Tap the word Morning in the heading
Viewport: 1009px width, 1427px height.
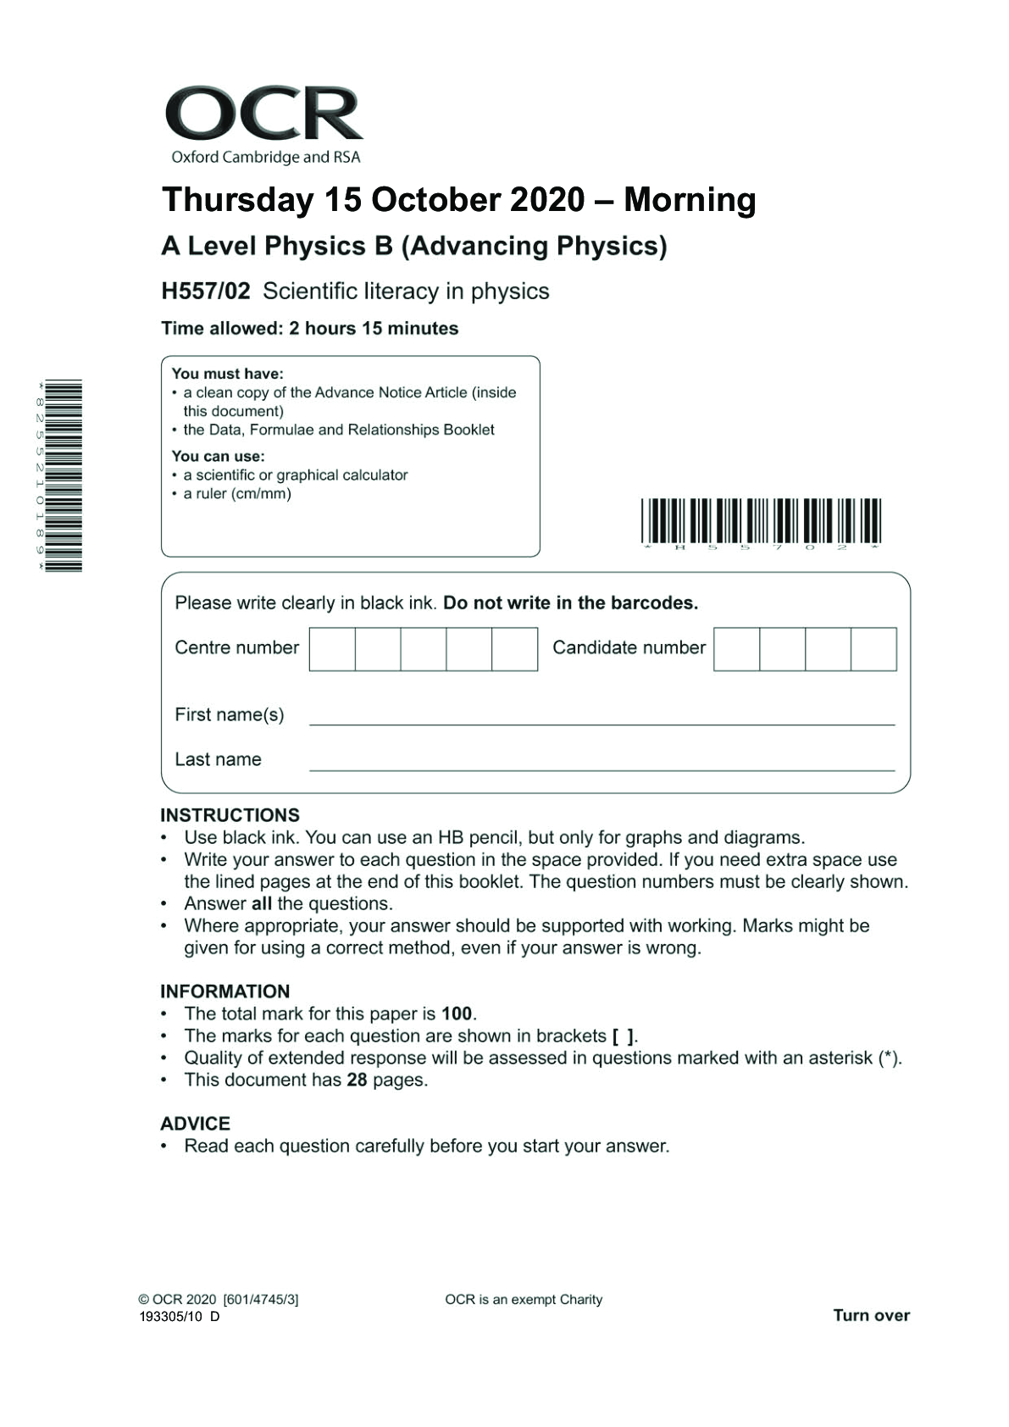(690, 200)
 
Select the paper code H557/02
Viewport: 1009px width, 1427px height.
(206, 292)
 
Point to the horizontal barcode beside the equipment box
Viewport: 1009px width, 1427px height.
(761, 521)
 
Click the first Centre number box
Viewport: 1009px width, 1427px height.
(332, 649)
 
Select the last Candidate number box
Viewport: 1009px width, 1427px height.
(873, 649)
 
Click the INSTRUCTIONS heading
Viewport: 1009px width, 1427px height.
(230, 815)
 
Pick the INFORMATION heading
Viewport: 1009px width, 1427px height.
(225, 991)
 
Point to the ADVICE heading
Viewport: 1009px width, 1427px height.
(195, 1124)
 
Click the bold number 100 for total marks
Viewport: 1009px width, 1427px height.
(457, 1013)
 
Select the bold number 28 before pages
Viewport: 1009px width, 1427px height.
(357, 1080)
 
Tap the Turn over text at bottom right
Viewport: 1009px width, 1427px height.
(871, 1315)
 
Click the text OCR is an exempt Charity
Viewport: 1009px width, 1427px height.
(524, 1299)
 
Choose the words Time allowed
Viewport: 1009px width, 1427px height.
(221, 329)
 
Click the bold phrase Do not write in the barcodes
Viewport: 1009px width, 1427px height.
(570, 603)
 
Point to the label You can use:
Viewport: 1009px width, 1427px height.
(218, 456)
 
